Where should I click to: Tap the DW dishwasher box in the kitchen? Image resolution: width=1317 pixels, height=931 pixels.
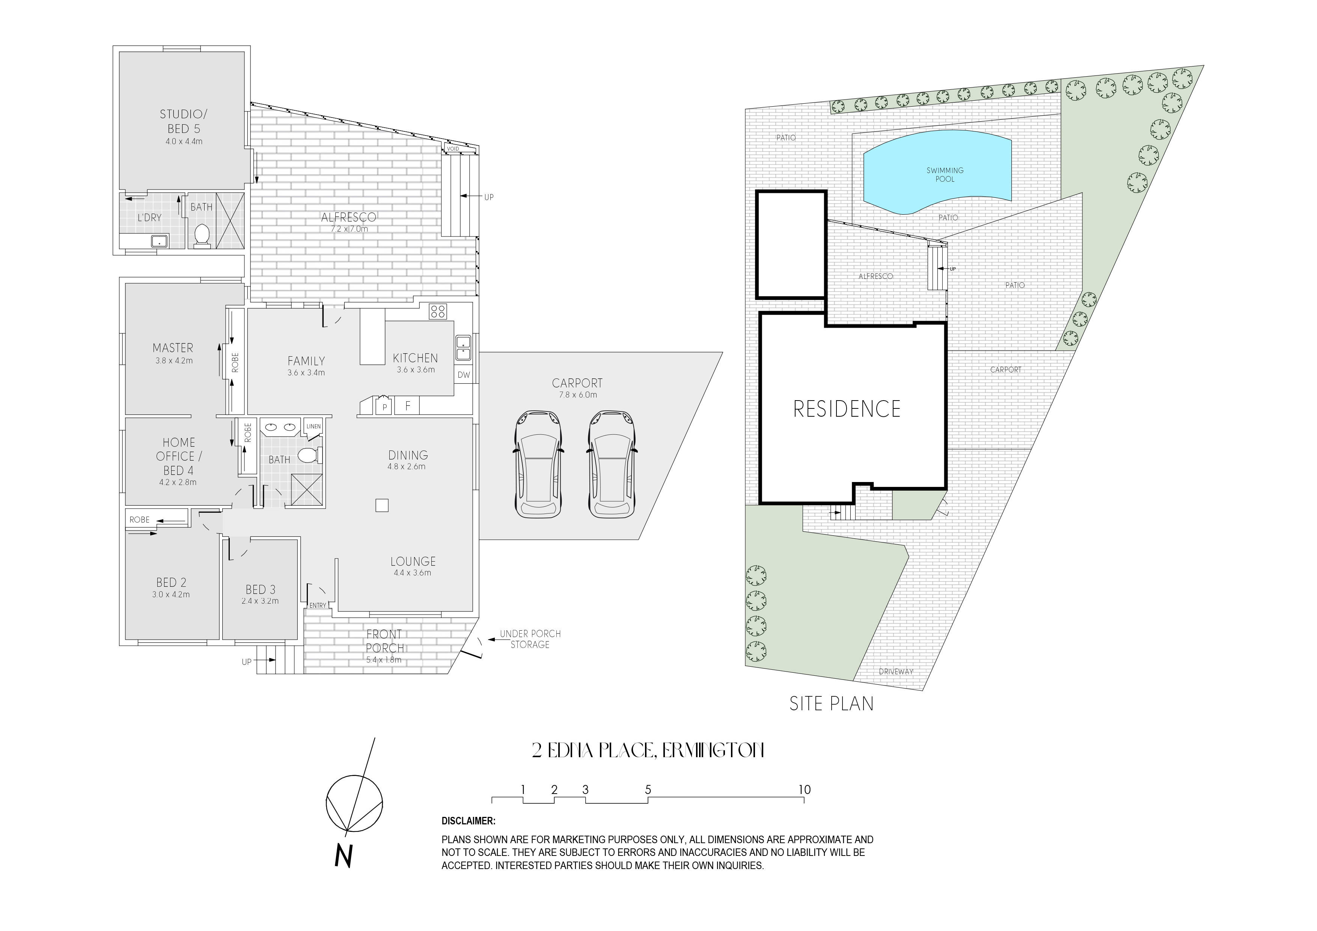464,375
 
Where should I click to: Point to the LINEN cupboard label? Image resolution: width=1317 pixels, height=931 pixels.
313,426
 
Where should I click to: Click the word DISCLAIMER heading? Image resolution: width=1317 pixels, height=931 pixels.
468,821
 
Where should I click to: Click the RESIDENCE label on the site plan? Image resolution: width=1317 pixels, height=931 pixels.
847,409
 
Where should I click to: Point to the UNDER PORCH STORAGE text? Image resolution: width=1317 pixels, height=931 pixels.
530,639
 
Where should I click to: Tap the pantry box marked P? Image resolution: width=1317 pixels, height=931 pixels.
384,407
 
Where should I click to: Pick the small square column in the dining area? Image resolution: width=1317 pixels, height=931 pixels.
382,505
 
